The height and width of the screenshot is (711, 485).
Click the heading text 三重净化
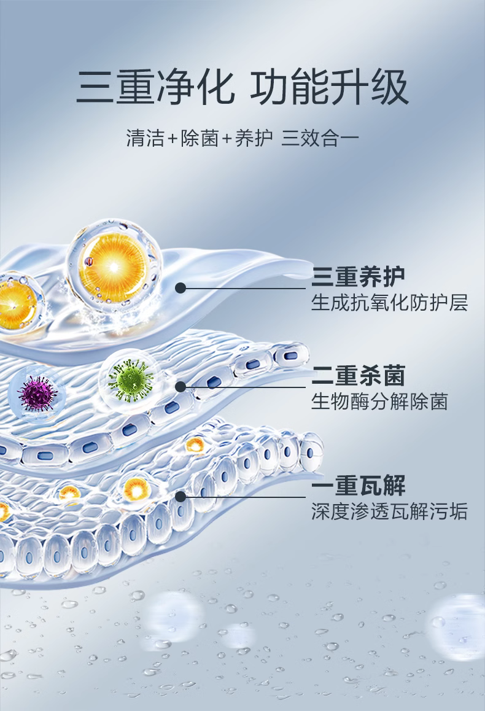click(156, 88)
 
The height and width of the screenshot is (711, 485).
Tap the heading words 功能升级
click(329, 88)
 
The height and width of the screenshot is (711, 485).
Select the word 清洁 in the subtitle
click(145, 138)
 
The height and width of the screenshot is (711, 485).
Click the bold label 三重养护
click(359, 278)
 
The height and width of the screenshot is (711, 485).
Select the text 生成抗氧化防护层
click(389, 303)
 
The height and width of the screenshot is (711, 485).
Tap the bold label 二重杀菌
click(359, 376)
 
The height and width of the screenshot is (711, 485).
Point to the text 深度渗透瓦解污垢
click(389, 511)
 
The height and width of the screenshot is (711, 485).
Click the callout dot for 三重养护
click(180, 287)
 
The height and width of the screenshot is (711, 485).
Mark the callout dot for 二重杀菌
click(180, 386)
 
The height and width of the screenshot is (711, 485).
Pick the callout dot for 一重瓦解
click(180, 495)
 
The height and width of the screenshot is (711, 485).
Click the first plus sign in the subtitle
click(173, 139)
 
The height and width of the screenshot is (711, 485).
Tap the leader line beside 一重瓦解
click(246, 495)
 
